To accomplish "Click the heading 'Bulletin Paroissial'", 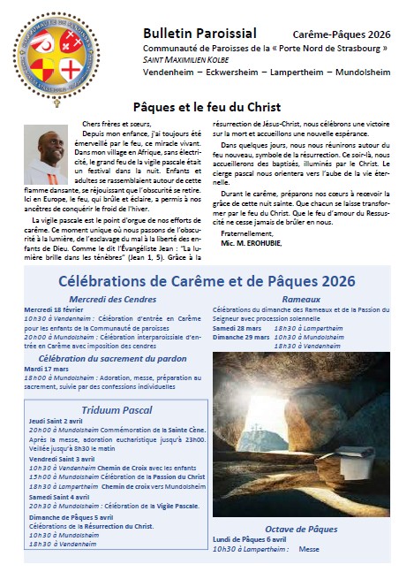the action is click(193, 33).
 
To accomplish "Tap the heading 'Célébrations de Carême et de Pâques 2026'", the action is click(207, 281).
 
